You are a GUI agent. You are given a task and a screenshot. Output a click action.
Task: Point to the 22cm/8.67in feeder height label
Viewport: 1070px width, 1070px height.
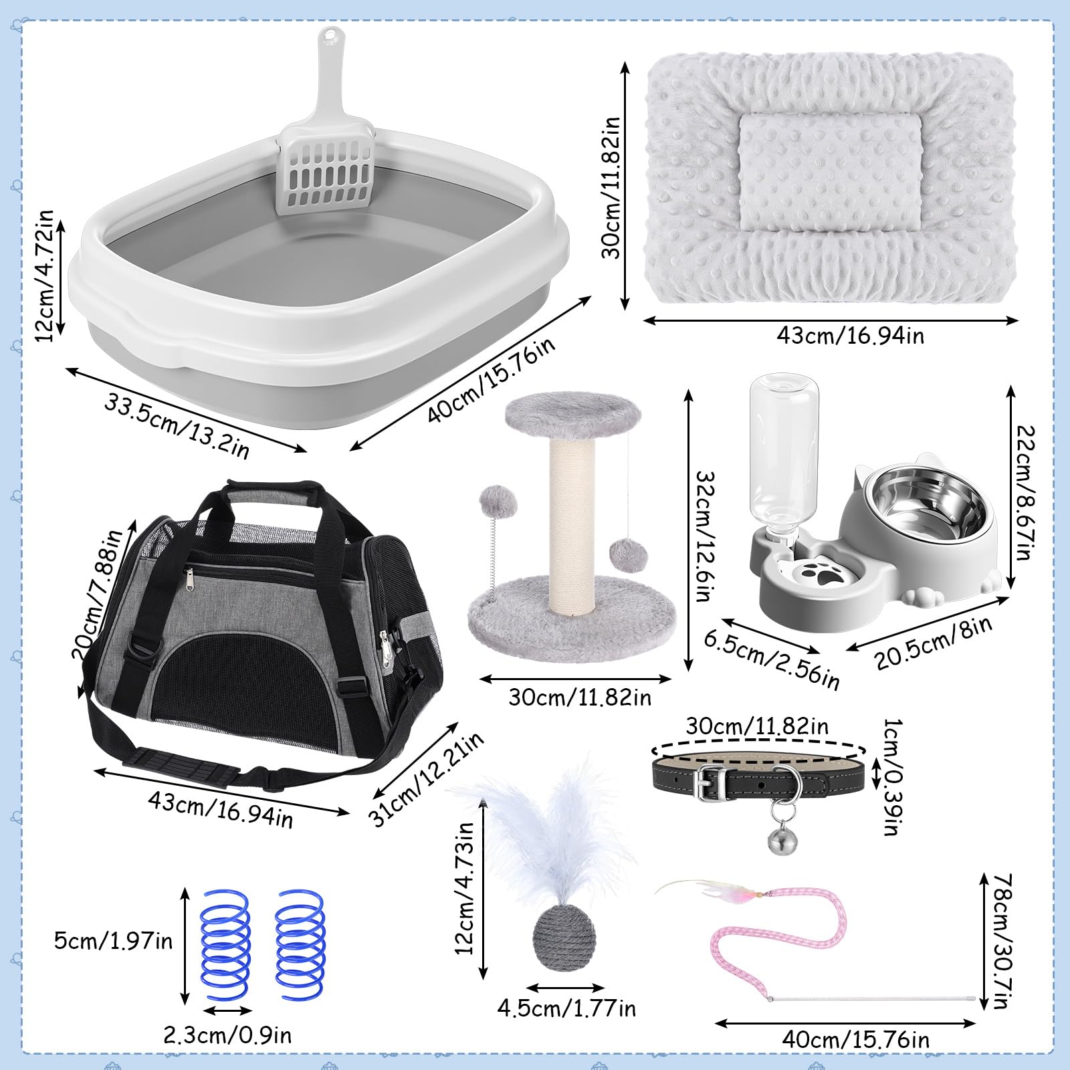[1025, 493]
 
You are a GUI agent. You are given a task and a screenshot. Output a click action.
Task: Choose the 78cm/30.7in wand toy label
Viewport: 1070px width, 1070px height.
[1003, 942]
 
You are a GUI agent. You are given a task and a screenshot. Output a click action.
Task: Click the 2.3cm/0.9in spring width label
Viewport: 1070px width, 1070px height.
[228, 1035]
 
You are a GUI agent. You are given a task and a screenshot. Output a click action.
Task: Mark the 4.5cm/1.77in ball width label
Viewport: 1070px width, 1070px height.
[566, 1008]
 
